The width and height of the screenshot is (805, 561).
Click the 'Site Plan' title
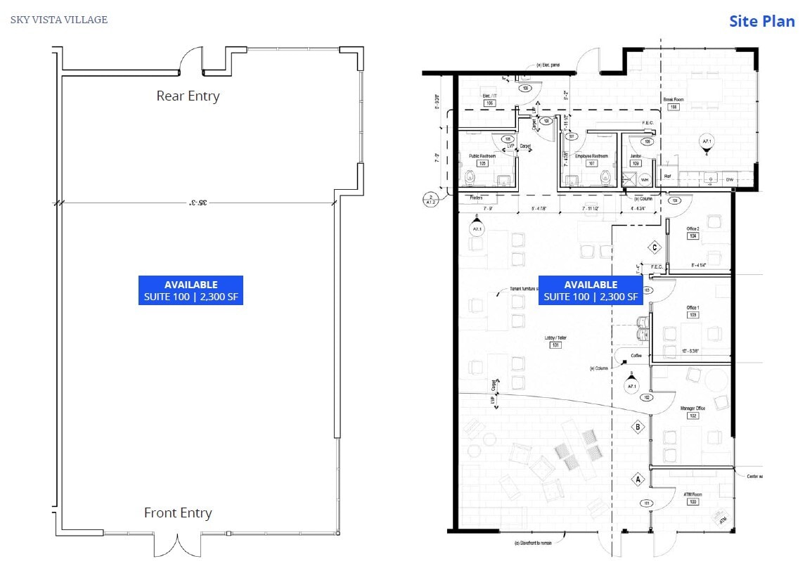coord(761,20)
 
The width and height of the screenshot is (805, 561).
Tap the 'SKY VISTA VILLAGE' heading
coord(59,20)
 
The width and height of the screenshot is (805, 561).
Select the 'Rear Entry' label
coord(188,96)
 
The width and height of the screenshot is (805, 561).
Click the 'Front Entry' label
coord(178,513)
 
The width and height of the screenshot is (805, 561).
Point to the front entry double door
coord(177,543)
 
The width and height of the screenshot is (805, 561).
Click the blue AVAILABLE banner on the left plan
coord(191,290)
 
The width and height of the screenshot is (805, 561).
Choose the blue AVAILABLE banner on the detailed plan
coord(591,290)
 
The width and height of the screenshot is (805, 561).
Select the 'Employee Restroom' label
coord(591,156)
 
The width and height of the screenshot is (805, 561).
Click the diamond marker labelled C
coord(654,247)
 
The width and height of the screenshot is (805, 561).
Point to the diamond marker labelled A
coord(638,479)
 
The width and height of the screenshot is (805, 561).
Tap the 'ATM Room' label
coord(693,494)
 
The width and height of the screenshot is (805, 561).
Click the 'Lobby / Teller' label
coord(555,338)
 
